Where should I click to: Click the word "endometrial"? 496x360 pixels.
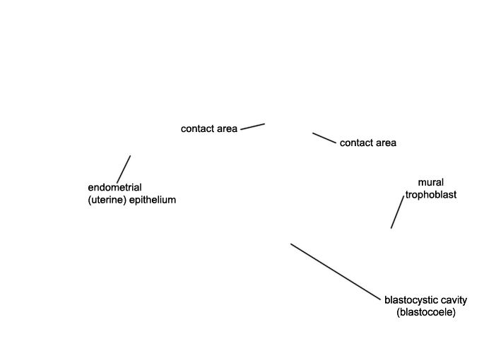(114, 188)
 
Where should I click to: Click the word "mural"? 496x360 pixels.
(431, 182)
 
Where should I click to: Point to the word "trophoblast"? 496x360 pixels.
(431, 195)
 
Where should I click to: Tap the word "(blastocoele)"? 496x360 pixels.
(426, 312)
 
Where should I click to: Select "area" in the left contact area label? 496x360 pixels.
(227, 129)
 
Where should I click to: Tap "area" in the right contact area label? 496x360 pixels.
(386, 143)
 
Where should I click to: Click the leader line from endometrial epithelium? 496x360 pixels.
(124, 169)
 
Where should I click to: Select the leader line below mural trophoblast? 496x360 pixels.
(397, 212)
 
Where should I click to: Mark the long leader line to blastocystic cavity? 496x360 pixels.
(336, 272)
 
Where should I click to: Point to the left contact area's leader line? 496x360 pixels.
(252, 126)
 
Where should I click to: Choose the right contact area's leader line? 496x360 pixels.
(324, 138)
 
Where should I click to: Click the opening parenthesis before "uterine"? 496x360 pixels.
(89, 200)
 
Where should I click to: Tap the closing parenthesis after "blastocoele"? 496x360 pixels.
(454, 313)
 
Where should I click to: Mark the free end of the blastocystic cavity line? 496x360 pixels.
(290, 244)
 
